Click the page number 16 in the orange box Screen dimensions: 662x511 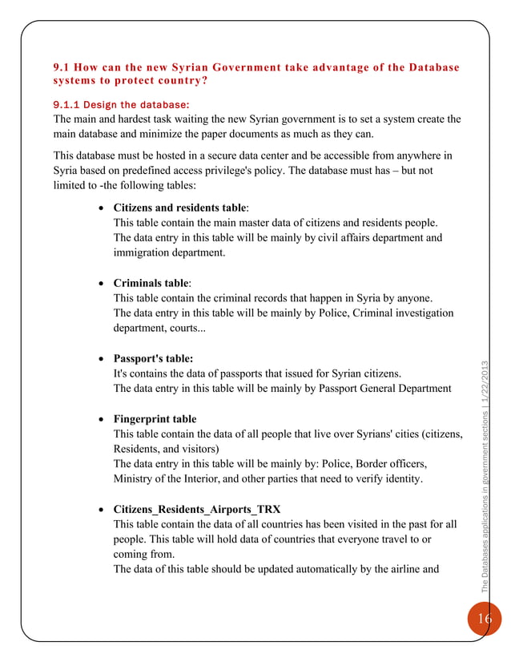point(485,618)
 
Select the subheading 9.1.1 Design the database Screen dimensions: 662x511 point(121,104)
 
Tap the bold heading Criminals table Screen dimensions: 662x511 point(151,283)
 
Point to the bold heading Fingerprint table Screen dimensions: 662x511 point(155,419)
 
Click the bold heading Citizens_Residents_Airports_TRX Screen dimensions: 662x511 point(197,509)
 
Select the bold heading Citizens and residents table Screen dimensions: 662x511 point(181,208)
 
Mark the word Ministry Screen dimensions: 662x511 point(135,479)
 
